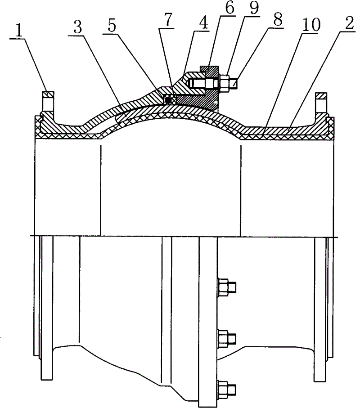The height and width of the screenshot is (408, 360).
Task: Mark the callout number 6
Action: (229, 9)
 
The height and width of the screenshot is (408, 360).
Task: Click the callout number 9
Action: (253, 9)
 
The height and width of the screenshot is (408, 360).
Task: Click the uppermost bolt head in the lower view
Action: (223, 287)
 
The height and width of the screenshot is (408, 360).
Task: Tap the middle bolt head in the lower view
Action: (223, 338)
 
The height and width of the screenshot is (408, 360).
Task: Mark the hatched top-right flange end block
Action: (321, 95)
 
